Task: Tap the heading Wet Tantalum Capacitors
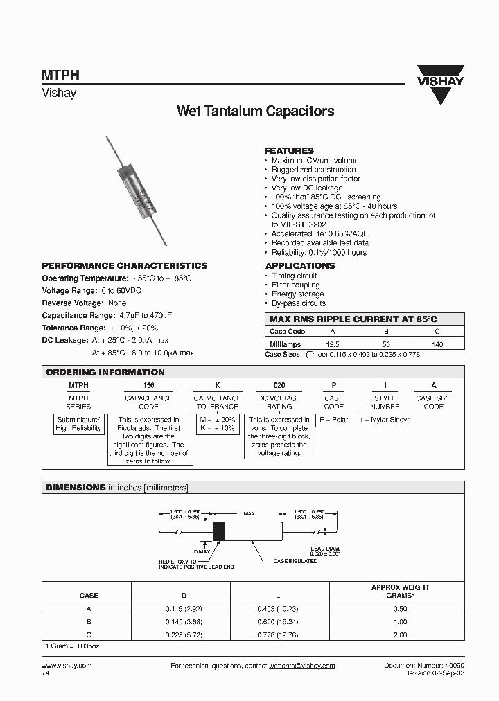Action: point(255,111)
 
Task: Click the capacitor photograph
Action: point(137,188)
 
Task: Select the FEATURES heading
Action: point(289,150)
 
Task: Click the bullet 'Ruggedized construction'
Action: point(313,170)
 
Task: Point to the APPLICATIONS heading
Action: point(300,266)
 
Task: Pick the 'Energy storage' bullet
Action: point(297,294)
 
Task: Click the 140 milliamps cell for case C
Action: point(437,344)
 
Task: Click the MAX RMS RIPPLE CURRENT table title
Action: point(353,319)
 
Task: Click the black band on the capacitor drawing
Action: point(218,531)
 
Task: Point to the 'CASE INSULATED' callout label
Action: point(295,561)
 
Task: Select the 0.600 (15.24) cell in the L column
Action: point(278,622)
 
